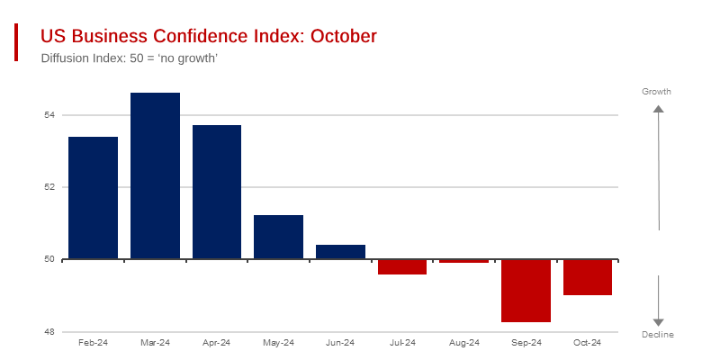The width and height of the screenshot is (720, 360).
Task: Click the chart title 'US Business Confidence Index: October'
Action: pyautogui.click(x=209, y=36)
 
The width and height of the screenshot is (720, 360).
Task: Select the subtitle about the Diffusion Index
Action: pyautogui.click(x=130, y=58)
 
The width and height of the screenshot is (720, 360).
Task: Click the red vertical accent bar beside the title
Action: pyautogui.click(x=16, y=42)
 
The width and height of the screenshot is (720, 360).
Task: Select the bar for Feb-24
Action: pyautogui.click(x=94, y=198)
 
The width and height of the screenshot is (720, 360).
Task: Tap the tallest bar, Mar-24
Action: pyautogui.click(x=155, y=175)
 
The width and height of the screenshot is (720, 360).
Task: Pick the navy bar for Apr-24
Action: pyautogui.click(x=217, y=192)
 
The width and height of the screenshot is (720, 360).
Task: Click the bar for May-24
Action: pyautogui.click(x=278, y=237)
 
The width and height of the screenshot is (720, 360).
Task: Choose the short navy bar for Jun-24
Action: pyautogui.click(x=340, y=252)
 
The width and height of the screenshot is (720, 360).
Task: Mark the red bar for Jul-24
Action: pyautogui.click(x=402, y=266)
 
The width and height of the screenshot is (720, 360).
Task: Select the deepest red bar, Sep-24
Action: pyautogui.click(x=526, y=291)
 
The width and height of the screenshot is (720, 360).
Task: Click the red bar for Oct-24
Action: pyautogui.click(x=588, y=277)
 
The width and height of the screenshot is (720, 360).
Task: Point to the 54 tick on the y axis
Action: pyautogui.click(x=49, y=115)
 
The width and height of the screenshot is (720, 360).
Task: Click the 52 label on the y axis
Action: pyautogui.click(x=49, y=187)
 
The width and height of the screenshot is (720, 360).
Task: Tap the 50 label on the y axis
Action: pyautogui.click(x=49, y=259)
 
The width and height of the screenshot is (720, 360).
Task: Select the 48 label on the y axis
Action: pyautogui.click(x=49, y=332)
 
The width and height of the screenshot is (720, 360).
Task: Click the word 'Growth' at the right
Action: pyautogui.click(x=656, y=92)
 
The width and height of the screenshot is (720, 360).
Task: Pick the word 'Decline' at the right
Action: pyautogui.click(x=658, y=335)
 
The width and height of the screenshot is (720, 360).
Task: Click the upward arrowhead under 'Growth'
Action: pyautogui.click(x=658, y=109)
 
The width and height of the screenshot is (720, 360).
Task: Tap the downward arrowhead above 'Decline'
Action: pyautogui.click(x=658, y=322)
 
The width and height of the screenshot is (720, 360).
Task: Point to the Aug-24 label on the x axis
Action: pyautogui.click(x=463, y=343)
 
